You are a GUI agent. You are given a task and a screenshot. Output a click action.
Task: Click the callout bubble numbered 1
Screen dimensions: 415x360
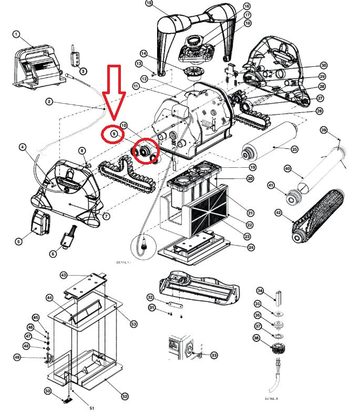(x=16, y=34)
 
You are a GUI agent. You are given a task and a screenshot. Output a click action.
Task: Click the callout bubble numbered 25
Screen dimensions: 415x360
(x=294, y=149)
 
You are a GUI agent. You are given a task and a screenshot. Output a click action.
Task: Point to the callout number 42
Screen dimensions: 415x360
(x=277, y=212)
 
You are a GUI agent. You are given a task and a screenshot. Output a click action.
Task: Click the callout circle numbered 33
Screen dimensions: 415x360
(x=213, y=356)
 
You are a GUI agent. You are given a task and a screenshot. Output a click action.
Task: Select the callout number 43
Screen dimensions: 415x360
(x=64, y=275)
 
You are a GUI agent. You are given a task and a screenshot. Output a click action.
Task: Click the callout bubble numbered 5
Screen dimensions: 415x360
(x=18, y=241)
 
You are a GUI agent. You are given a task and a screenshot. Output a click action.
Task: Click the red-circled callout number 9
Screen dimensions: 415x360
(x=113, y=134)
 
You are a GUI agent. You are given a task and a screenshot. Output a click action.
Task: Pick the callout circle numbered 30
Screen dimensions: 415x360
(x=324, y=65)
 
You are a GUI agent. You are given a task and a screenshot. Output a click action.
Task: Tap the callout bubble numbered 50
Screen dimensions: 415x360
(x=48, y=391)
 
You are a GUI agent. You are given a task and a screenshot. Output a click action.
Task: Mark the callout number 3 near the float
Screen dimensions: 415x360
(x=83, y=71)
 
